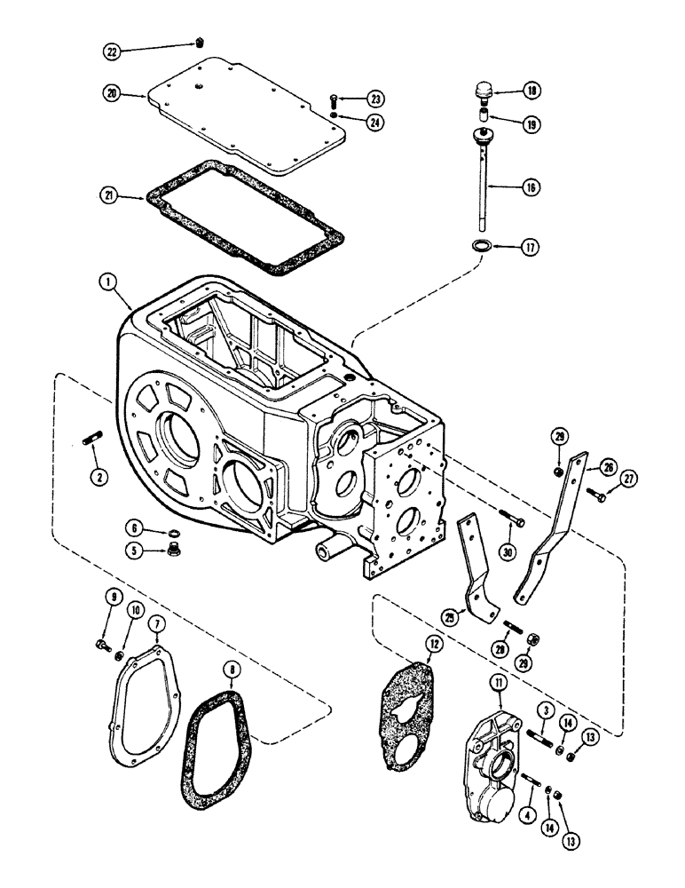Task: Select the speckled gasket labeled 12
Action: pyautogui.click(x=409, y=706)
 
